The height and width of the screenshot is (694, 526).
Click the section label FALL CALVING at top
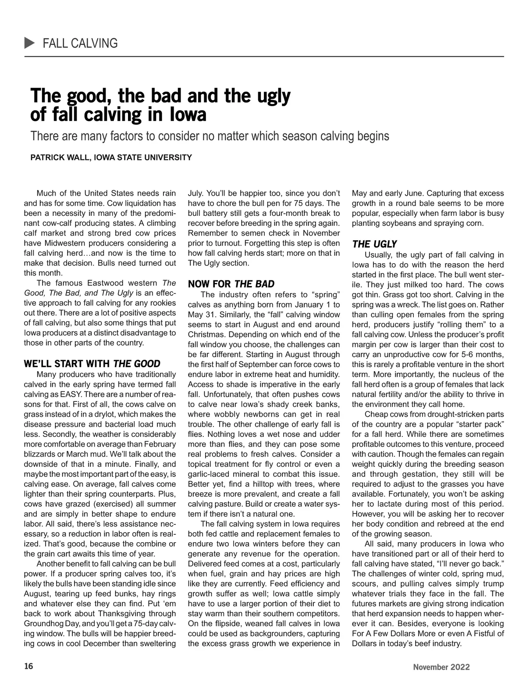80,43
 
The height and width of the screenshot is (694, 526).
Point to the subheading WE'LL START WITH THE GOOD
92,364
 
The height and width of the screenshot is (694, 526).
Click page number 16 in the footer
28,666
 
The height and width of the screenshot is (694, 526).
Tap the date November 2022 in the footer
441,667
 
